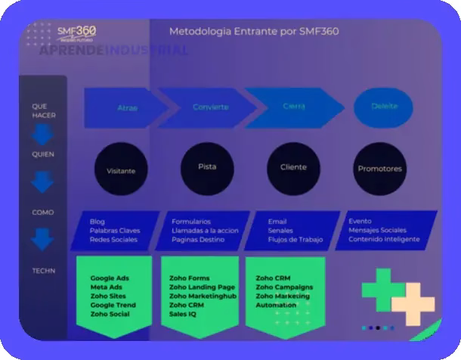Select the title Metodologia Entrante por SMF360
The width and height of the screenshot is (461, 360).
253,32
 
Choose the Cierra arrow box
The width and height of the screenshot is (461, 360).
293,107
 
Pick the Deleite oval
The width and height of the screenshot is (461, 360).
384,107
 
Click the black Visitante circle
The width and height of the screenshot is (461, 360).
122,170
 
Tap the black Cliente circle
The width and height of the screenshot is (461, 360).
293,167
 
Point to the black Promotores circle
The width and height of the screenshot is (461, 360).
379,169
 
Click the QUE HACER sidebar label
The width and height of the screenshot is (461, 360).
44,110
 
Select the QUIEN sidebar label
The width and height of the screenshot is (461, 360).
43,154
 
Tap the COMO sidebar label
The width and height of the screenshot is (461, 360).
43,213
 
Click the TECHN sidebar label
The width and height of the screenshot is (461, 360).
43,270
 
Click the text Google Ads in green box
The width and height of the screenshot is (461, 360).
110,278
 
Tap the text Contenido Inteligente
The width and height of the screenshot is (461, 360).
384,239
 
